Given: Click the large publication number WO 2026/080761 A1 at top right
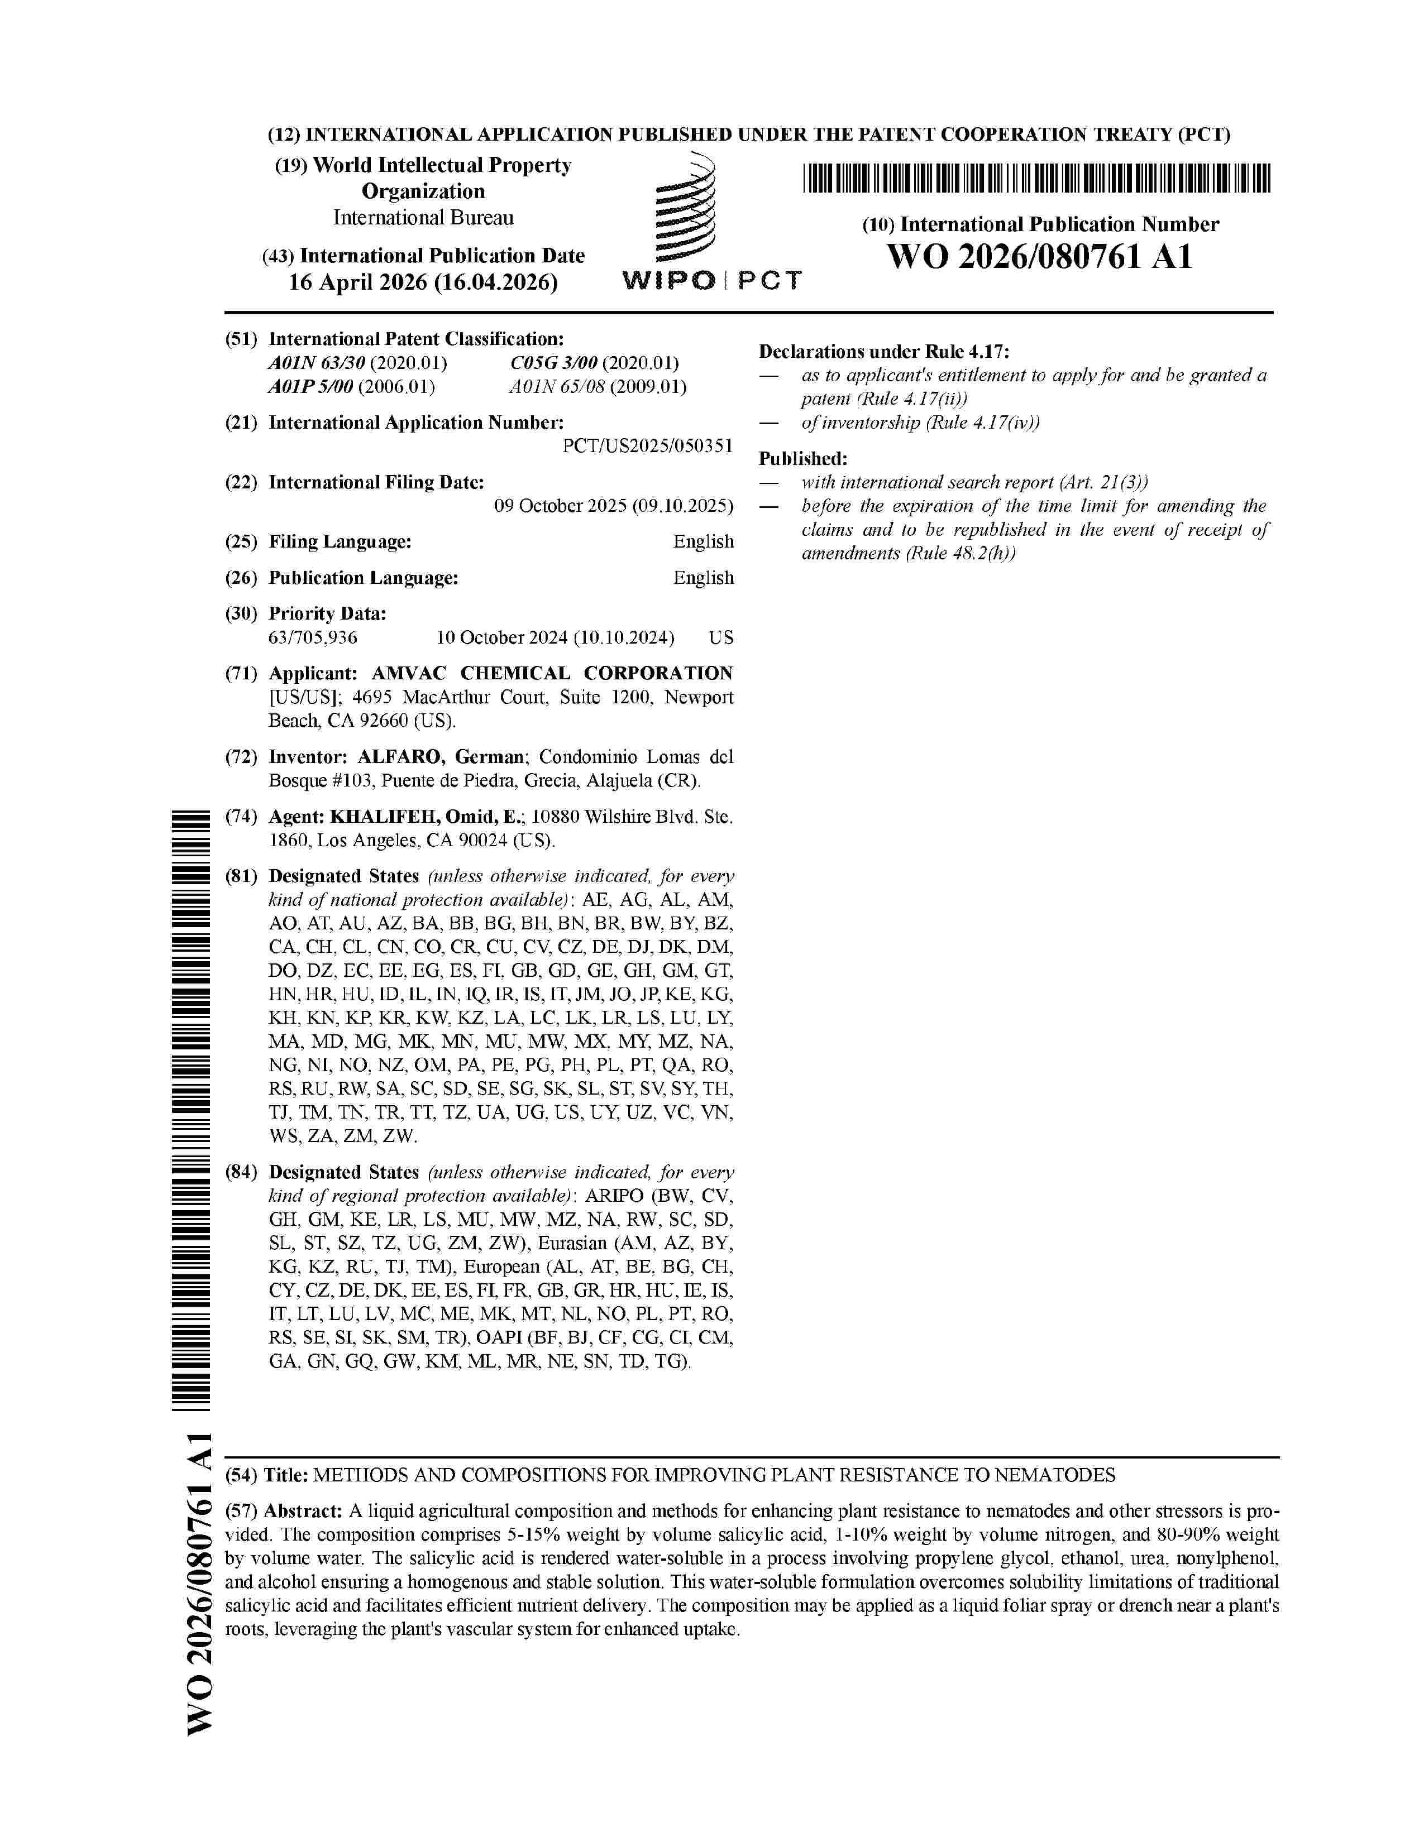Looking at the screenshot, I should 1039,256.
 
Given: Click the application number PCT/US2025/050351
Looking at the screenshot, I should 647,446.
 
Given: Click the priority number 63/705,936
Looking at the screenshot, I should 313,637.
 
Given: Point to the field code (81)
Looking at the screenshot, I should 241,876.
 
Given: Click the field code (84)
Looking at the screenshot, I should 241,1172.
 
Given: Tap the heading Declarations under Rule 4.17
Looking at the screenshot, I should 883,352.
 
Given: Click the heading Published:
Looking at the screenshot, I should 802,459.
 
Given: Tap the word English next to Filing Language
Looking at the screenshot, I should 703,541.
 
